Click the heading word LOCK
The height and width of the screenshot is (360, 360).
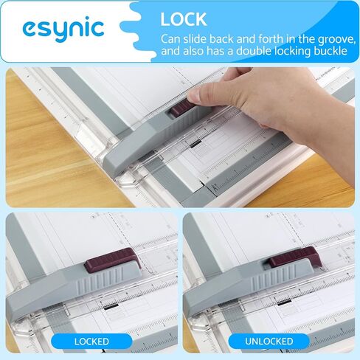(x=184, y=19)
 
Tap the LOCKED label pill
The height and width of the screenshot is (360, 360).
(x=91, y=342)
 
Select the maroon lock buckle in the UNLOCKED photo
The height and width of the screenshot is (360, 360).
(x=294, y=257)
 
